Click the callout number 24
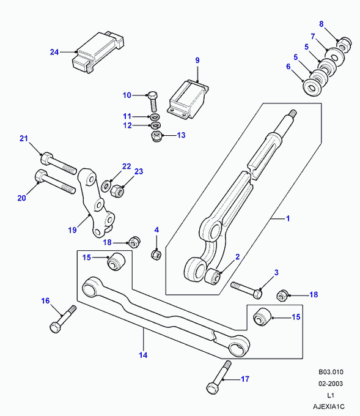click(x=54, y=52)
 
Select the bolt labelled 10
click(x=153, y=102)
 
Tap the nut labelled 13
click(x=156, y=136)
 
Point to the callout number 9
click(x=197, y=60)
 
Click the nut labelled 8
click(x=344, y=44)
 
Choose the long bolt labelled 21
click(x=59, y=163)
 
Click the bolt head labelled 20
click(x=40, y=176)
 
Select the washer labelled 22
click(x=106, y=185)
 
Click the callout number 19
click(x=72, y=230)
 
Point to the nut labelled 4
click(x=156, y=254)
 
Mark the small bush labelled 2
click(x=213, y=276)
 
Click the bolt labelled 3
click(x=246, y=290)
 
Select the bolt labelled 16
click(x=63, y=319)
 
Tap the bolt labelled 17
click(x=219, y=377)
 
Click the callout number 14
click(x=143, y=355)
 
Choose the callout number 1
click(x=288, y=218)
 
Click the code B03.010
click(x=331, y=372)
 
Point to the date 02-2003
click(x=331, y=384)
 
